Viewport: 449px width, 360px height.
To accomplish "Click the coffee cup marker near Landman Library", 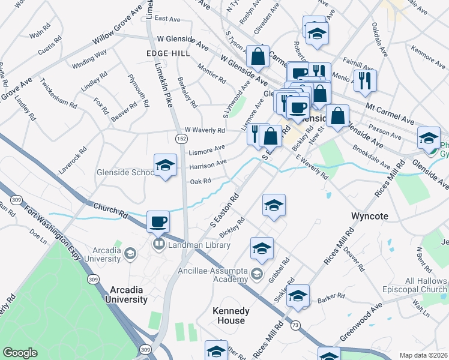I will (x=158, y=222).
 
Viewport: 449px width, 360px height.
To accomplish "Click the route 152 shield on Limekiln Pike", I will (x=181, y=139).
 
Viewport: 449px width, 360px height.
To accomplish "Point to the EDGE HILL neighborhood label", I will (x=167, y=53).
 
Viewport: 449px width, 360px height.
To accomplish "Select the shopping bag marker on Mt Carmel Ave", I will (x=339, y=116).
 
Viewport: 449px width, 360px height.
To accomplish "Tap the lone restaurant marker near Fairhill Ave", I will (x=364, y=80).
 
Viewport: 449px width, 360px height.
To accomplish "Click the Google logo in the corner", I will (x=20, y=353).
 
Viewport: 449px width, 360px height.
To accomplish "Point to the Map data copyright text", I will (x=423, y=355).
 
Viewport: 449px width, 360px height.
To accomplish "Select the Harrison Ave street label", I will (x=208, y=163).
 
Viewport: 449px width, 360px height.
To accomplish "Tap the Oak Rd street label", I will (x=200, y=181).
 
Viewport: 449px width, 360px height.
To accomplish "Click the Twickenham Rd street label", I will (x=59, y=92).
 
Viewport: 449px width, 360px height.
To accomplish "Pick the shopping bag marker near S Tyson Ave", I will (x=258, y=57).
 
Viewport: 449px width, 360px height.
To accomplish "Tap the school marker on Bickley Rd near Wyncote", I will (x=273, y=205).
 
